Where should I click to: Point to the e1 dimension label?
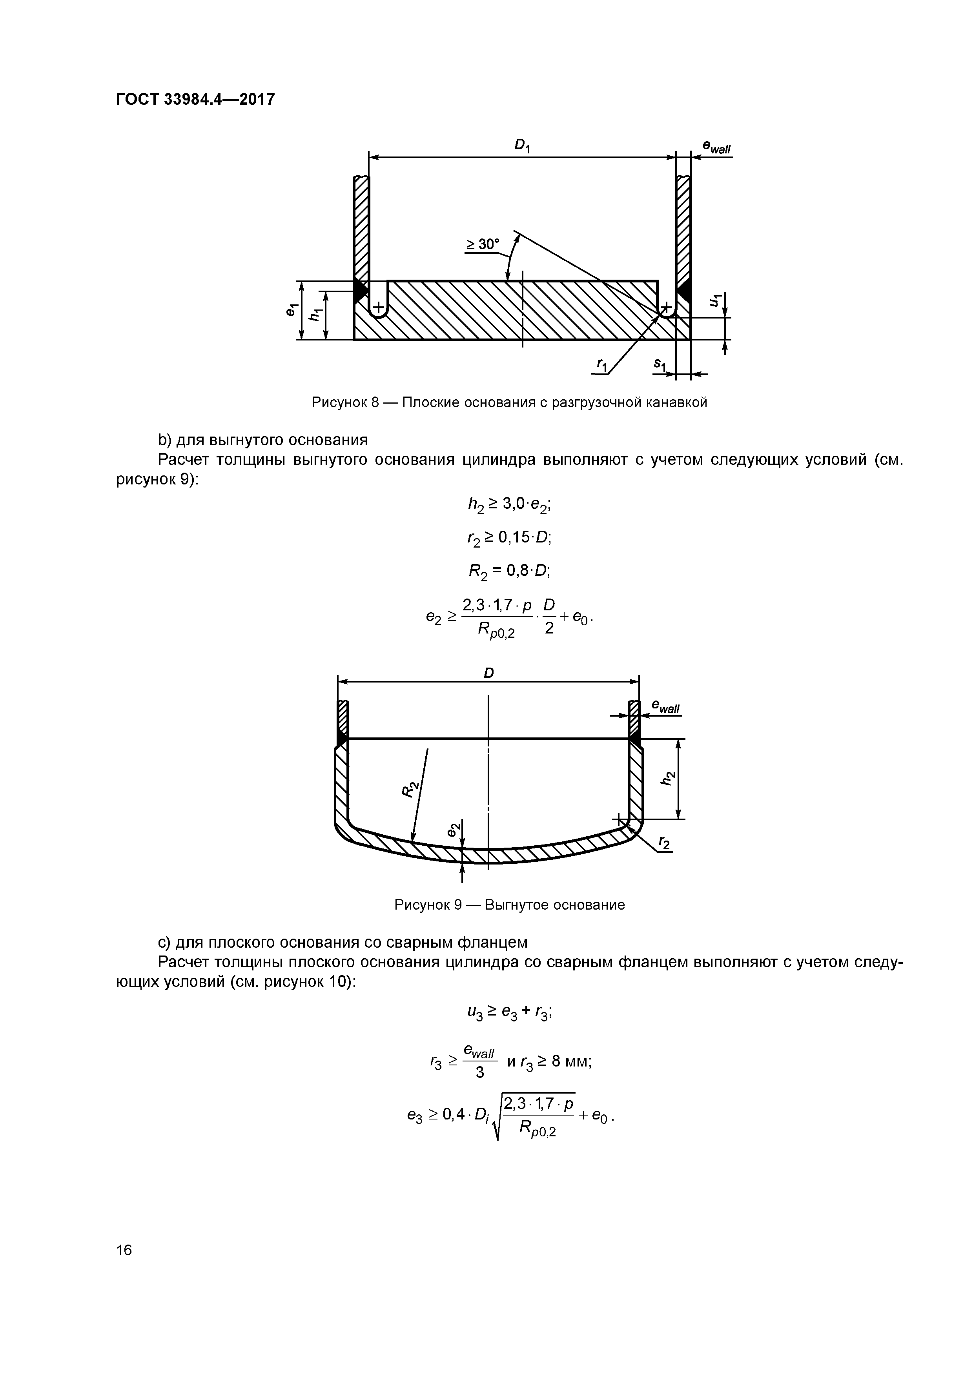292,310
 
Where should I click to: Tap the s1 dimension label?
660,364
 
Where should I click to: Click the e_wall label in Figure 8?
716,147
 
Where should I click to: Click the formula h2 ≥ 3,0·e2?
510,505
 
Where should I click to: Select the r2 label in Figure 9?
664,844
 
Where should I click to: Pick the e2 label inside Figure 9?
454,830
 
